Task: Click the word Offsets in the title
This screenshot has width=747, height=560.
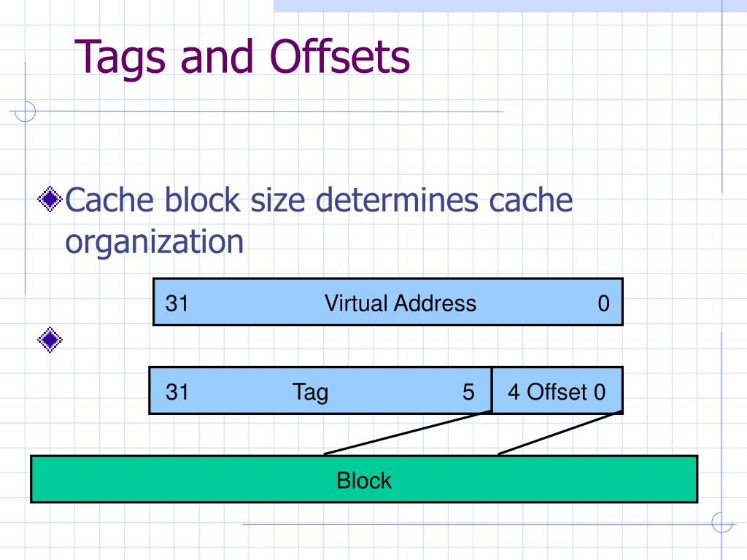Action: click(x=340, y=56)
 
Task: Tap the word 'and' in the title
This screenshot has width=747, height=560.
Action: click(x=217, y=57)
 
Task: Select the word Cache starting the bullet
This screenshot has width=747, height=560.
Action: click(x=109, y=200)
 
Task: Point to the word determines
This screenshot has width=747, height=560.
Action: click(x=397, y=200)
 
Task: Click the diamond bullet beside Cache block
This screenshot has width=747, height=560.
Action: click(x=50, y=199)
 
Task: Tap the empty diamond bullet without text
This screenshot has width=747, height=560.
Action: click(x=50, y=340)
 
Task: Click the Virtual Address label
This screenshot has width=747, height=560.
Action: click(x=400, y=303)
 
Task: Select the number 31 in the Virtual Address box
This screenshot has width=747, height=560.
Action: click(x=177, y=303)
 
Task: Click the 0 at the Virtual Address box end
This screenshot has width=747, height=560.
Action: click(x=603, y=303)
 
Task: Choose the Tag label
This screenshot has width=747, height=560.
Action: click(x=310, y=392)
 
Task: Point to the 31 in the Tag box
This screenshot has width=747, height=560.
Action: click(x=177, y=392)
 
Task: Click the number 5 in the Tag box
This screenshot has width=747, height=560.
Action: click(x=468, y=392)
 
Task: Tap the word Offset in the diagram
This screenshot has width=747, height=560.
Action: click(x=557, y=392)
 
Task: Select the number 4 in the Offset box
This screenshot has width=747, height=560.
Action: click(x=514, y=392)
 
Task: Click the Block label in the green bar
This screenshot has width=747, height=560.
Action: click(x=364, y=480)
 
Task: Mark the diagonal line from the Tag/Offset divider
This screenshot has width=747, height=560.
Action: click(x=408, y=433)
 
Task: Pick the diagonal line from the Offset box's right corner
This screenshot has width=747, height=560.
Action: click(x=560, y=433)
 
